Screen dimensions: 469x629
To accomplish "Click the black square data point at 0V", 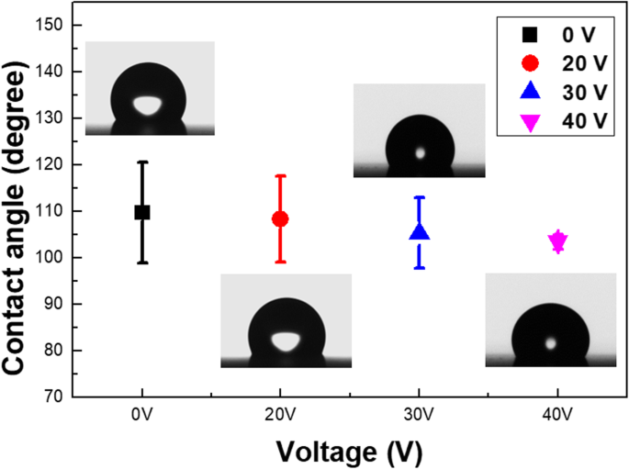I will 142,212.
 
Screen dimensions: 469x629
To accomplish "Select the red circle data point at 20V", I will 280,218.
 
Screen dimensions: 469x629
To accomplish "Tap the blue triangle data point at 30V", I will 419,232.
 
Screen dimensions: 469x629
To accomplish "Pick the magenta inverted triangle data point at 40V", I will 557,241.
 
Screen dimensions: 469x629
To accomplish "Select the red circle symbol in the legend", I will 530,63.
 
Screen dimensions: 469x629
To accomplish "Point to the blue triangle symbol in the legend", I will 530,92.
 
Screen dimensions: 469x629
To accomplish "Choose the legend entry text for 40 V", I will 584,120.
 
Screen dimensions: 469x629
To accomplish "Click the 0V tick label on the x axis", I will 142,414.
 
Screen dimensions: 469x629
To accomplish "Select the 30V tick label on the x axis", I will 419,414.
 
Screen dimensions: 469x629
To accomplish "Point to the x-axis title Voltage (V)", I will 349,451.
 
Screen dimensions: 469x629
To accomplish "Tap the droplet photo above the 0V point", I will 150,89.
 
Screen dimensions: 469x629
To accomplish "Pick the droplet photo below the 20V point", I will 286,320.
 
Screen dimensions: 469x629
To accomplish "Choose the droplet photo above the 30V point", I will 419,130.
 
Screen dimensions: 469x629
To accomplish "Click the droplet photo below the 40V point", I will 551,320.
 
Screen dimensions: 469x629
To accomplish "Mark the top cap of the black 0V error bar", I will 142,162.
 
